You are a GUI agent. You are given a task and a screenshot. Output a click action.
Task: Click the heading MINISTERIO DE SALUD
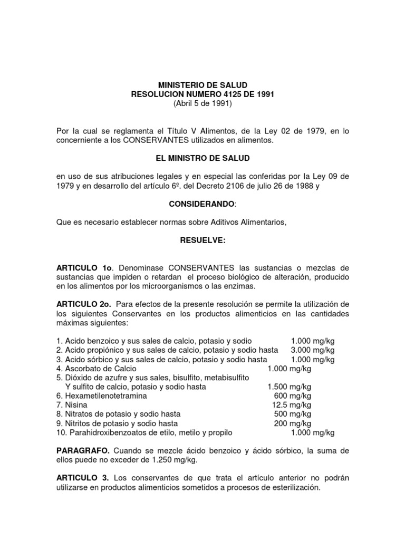coord(202,85)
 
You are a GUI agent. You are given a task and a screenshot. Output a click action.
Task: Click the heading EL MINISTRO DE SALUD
coord(202,158)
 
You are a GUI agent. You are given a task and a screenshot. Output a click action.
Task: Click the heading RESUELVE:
coord(202,240)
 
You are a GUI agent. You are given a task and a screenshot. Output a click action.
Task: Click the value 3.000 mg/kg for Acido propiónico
coord(313,350)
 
